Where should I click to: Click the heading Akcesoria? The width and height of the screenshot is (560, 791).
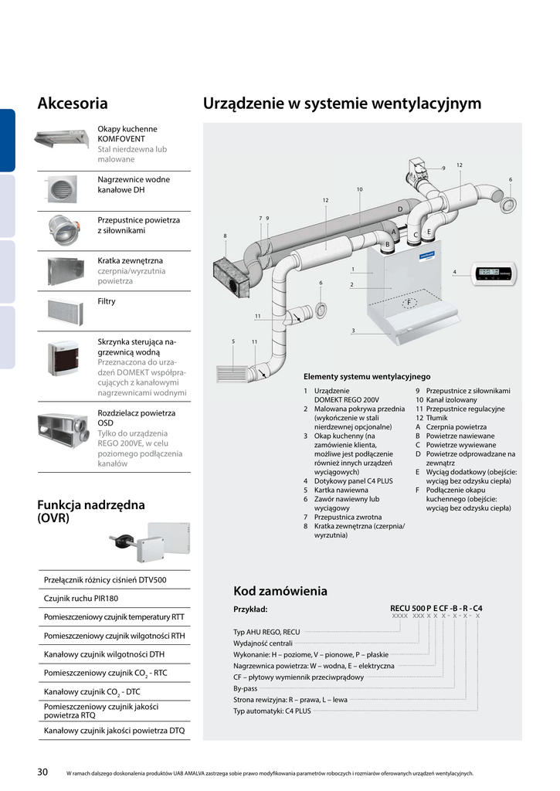coord(73,104)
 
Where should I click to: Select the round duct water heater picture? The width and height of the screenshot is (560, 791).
coord(63,188)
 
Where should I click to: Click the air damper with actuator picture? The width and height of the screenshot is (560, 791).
coord(63,229)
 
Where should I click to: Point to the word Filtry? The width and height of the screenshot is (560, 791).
coord(107,301)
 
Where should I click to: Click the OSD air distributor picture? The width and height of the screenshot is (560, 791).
coord(63,433)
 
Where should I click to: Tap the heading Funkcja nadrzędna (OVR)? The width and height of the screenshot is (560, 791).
coord(90,511)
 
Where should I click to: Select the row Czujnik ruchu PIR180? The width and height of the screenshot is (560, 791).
coord(81,598)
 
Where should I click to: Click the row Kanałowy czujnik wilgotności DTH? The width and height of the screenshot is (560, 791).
coord(104,654)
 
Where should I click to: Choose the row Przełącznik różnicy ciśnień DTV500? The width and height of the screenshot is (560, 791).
coord(105,579)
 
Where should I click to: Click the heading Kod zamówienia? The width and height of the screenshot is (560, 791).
coord(280,591)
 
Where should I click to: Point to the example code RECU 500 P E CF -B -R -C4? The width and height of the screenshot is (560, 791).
coord(436,608)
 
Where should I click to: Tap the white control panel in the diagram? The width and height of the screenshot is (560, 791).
coord(494,273)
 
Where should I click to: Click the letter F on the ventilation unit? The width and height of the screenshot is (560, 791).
coord(409,302)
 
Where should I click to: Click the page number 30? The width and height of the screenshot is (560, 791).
coord(43,772)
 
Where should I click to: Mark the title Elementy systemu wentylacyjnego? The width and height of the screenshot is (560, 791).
coord(367,376)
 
